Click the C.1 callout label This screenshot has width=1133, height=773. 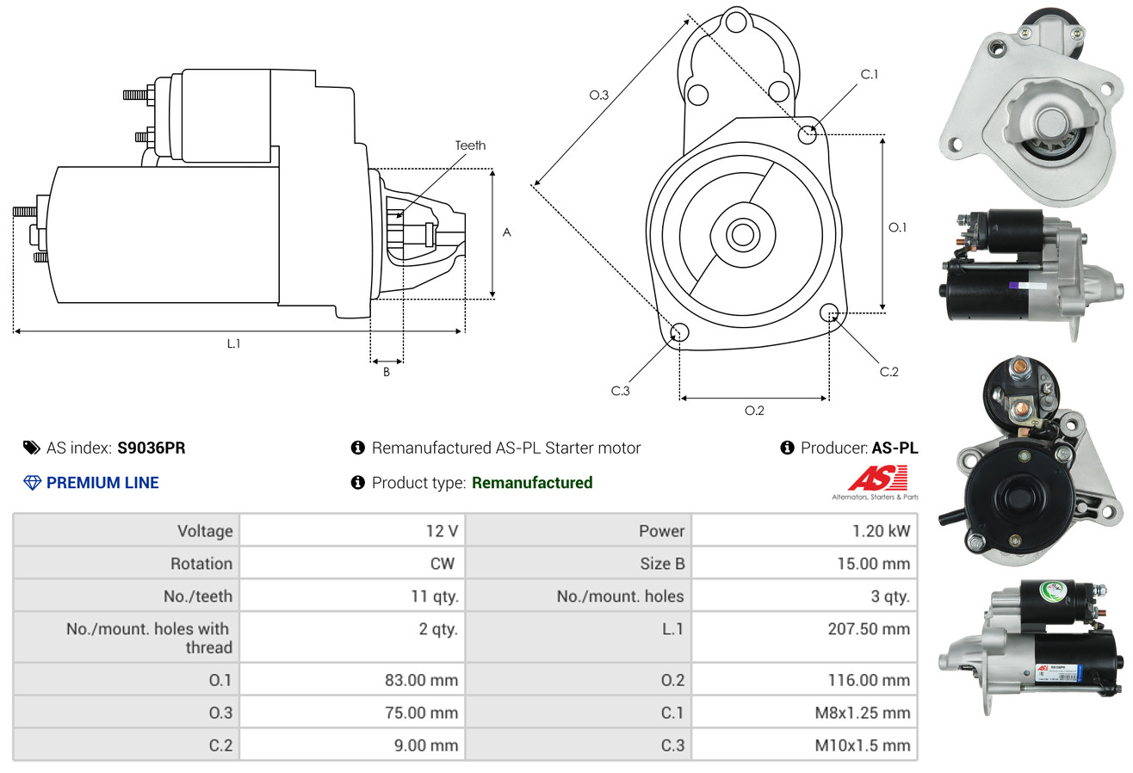(869, 74)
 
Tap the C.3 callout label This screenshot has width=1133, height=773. (621, 391)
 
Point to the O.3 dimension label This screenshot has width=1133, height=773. (598, 95)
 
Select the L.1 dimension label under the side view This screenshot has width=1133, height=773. (233, 343)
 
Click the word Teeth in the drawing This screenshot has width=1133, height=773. (470, 145)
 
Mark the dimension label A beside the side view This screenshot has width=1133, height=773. (507, 232)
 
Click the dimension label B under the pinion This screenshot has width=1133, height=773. (387, 372)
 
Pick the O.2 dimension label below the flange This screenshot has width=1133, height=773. (754, 411)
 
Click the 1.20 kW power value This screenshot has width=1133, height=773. (881, 531)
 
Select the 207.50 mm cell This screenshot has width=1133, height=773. (869, 629)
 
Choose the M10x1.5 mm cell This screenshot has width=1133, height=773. (862, 745)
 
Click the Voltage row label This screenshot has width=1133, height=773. (205, 531)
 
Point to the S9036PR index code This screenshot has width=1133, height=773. (152, 448)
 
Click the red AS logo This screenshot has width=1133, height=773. (877, 479)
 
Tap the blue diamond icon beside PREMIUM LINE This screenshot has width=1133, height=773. (32, 483)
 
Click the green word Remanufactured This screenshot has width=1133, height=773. (532, 483)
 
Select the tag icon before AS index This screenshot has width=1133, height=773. (32, 448)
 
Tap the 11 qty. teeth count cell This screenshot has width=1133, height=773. (434, 597)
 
